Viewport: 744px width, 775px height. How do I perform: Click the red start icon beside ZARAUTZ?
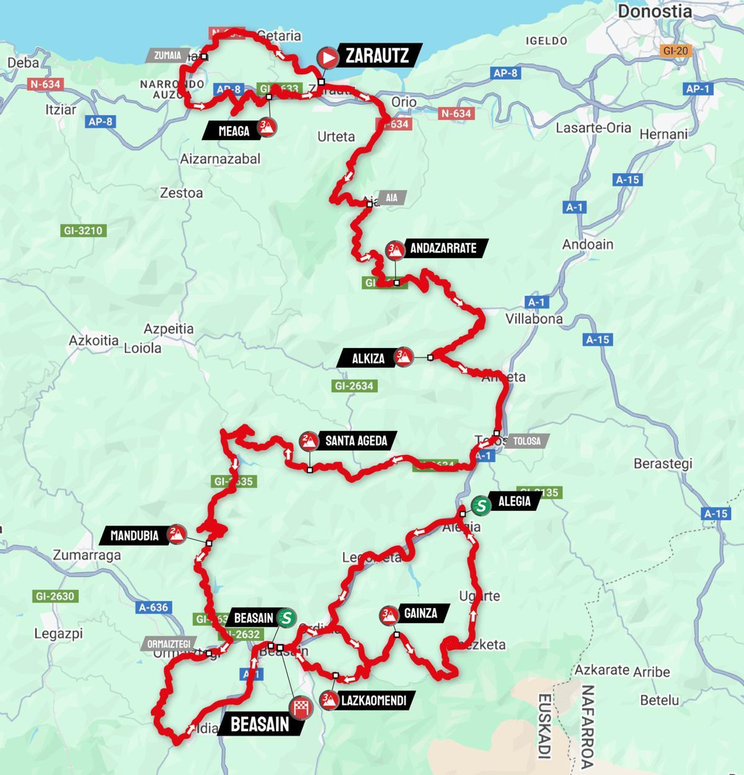327,58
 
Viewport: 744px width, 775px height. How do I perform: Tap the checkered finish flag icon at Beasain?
300,707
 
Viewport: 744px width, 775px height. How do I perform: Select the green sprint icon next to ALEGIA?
480,505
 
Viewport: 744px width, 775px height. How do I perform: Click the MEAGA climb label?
234,130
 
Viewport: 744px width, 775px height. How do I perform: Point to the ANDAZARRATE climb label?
443,249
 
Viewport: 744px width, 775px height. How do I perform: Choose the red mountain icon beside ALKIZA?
404,357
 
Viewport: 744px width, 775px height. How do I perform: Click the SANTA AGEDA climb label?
356,441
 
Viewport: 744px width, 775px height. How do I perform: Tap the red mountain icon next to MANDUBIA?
177,534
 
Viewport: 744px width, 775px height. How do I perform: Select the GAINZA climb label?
421,614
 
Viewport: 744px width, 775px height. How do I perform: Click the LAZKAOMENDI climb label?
374,701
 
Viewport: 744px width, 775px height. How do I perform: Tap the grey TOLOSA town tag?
527,442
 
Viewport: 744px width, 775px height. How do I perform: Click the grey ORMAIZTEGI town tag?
169,643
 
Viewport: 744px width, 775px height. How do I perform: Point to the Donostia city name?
655,11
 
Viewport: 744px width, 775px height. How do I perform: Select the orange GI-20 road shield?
675,50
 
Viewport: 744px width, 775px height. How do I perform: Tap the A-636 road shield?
153,607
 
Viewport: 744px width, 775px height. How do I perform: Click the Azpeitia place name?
169,329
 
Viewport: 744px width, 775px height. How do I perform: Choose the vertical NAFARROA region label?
587,726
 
